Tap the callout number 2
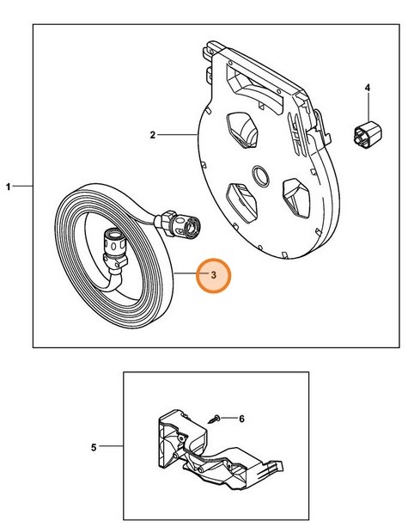pyautogui.click(x=152, y=134)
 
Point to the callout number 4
pyautogui.click(x=368, y=88)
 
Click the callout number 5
pyautogui.click(x=94, y=446)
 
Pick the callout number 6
pyautogui.click(x=241, y=419)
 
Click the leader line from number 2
pyautogui.click(x=176, y=134)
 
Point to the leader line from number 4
pyautogui.click(x=368, y=107)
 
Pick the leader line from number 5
pyautogui.click(x=112, y=446)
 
